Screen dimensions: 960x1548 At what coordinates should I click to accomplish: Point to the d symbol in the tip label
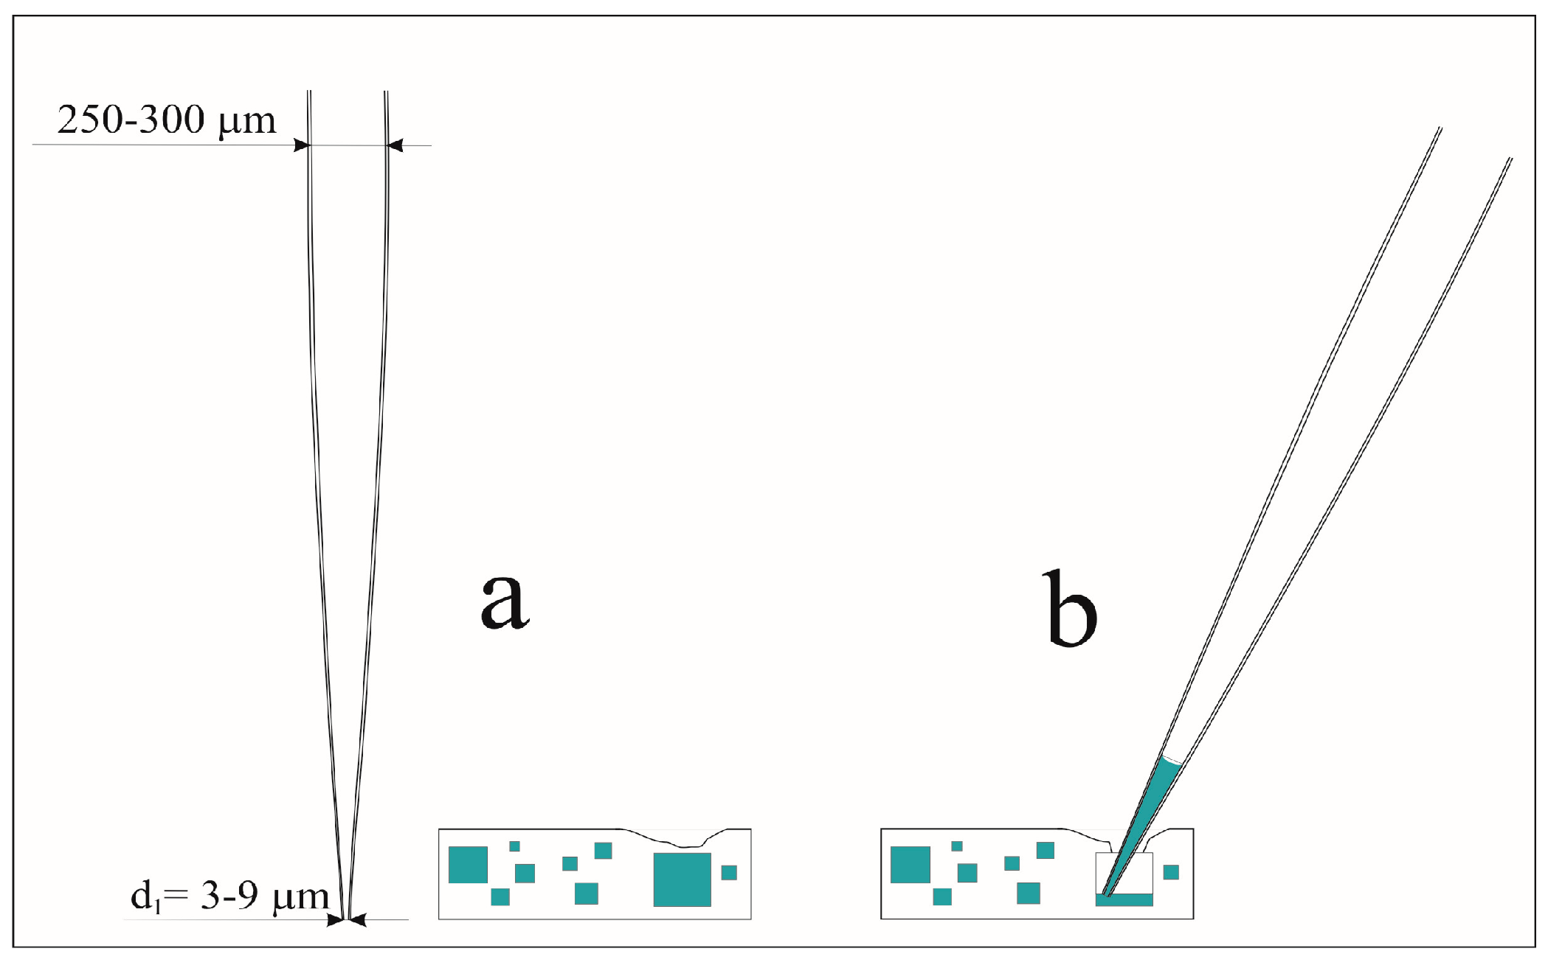pos(142,896)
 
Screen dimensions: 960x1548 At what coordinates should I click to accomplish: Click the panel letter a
pos(505,601)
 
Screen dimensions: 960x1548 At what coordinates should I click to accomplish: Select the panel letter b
pos(1071,609)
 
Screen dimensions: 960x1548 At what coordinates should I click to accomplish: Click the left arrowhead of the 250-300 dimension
pos(302,145)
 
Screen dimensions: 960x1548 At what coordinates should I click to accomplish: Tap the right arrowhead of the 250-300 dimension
pos(395,145)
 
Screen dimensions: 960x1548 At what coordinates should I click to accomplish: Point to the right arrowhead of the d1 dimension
pos(358,920)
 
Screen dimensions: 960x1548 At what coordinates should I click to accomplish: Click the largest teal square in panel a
pos(683,879)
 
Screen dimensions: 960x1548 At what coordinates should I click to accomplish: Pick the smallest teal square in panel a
pos(514,846)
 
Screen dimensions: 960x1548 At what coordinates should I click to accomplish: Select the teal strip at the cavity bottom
pos(1124,899)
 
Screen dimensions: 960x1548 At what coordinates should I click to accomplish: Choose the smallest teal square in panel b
pos(957,846)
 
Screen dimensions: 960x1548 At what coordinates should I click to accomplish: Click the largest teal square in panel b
pos(911,865)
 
